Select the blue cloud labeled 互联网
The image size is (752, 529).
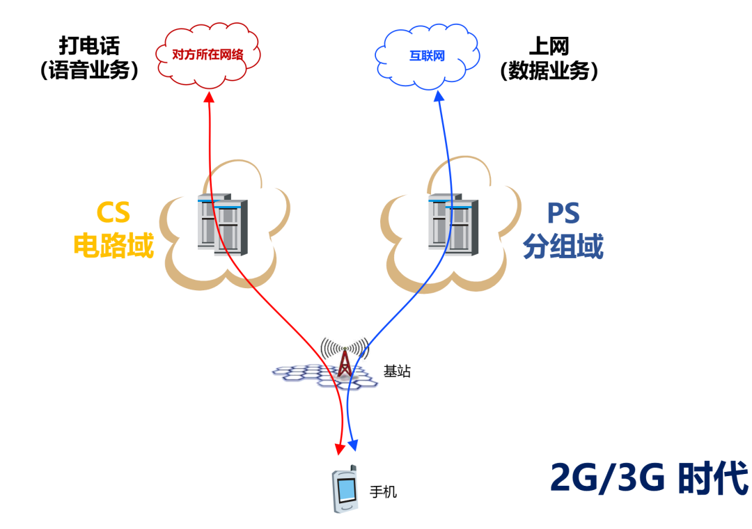tap(427, 56)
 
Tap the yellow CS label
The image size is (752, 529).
tap(113, 213)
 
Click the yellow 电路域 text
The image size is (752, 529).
tap(113, 246)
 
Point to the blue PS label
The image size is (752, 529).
tap(562, 213)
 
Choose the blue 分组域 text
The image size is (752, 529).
tap(563, 246)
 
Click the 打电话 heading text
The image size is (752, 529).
tap(90, 46)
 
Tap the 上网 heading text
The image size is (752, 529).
tap(549, 46)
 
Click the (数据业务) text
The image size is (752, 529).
tap(549, 70)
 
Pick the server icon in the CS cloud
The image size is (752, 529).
tap(222, 223)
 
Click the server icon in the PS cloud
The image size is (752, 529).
tap(453, 223)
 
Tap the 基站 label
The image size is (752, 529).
tap(397, 371)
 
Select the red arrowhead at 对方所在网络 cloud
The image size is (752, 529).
tap(210, 97)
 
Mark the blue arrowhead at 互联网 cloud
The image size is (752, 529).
tap(439, 98)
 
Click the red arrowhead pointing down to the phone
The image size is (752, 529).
tap(340, 447)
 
